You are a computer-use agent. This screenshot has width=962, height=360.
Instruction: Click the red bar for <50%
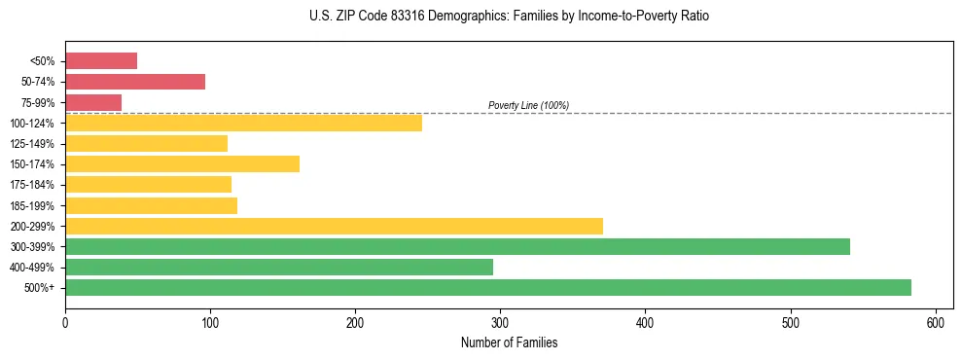pos(101,61)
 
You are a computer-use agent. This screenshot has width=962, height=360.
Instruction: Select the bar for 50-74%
pos(135,82)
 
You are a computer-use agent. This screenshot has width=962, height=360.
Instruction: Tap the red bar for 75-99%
pos(93,102)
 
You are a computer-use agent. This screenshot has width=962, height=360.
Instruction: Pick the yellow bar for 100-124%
pos(243,123)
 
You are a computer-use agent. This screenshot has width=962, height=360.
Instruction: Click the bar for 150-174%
pos(182,163)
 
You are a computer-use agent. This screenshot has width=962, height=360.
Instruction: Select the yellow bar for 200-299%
pos(334,226)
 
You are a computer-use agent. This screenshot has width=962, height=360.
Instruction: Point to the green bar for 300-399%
pos(457,246)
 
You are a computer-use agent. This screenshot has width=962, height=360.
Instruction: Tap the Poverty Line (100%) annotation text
pos(528,105)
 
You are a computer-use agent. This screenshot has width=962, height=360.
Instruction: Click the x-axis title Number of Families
pos(509,342)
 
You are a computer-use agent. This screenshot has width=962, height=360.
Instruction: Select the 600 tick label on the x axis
pos(936,323)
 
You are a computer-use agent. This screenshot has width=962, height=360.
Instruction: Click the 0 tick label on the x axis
pos(65,323)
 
